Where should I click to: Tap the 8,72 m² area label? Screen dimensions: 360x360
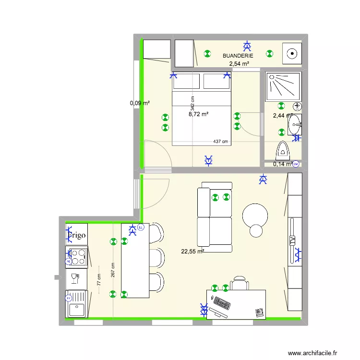(199, 114)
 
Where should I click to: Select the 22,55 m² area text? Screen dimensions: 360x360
(192, 251)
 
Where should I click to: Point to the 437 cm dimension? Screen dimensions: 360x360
(220, 142)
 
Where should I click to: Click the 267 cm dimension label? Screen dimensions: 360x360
(113, 270)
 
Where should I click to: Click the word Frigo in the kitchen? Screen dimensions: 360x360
(77, 236)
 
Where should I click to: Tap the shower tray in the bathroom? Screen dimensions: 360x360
(283, 86)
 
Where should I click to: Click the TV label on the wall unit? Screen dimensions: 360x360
(291, 240)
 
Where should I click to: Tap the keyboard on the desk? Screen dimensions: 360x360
(222, 303)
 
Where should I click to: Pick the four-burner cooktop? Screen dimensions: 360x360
(77, 257)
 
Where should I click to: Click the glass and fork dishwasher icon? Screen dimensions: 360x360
(75, 278)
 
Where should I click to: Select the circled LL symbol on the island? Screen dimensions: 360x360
(141, 227)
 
